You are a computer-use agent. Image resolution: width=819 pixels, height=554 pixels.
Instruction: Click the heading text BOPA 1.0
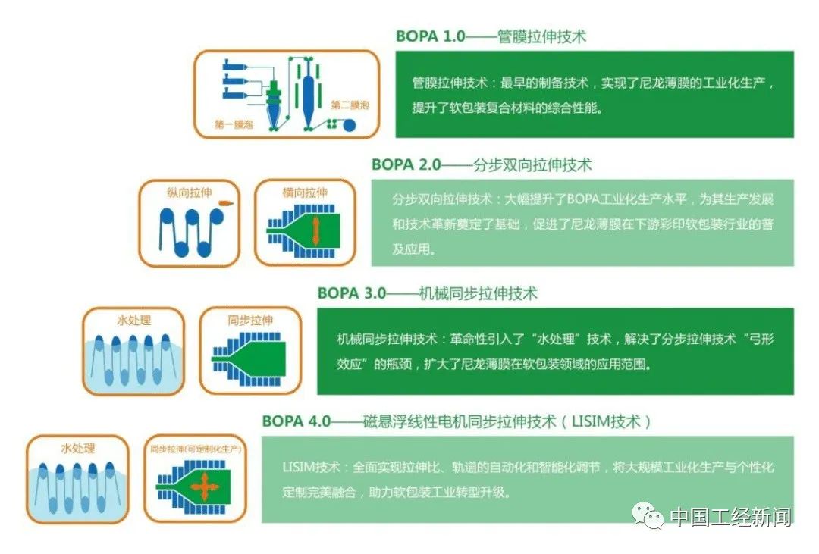[431, 36]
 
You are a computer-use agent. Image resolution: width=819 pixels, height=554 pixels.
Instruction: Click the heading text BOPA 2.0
[406, 165]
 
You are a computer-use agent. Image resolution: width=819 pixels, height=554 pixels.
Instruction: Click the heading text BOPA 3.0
[352, 293]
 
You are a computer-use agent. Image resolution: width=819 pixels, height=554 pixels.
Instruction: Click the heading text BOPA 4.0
[297, 421]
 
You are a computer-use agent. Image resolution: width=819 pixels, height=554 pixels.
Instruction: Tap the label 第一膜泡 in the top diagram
[234, 124]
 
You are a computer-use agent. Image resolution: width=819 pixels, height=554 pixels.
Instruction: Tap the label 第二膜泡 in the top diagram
[350, 105]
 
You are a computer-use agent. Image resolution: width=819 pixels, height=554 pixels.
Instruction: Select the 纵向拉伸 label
[190, 192]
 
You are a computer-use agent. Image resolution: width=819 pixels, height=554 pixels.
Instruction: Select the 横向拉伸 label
[305, 192]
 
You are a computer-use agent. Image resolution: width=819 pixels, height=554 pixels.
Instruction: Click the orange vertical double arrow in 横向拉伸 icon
[316, 231]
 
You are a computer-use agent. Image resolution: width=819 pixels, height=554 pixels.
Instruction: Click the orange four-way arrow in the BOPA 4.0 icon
[204, 487]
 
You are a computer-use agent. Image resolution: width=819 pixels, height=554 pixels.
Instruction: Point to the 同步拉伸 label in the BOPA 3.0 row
[250, 320]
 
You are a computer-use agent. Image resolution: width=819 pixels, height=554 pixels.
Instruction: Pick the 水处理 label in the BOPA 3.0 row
[133, 320]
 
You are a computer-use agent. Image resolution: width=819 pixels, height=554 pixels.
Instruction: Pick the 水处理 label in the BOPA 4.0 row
[78, 448]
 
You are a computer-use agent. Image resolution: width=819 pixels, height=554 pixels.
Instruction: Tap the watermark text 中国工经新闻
[731, 517]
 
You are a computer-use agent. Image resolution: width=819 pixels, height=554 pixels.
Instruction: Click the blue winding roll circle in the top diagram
[349, 125]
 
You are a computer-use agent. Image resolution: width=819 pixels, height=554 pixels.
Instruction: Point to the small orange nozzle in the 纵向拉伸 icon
[226, 203]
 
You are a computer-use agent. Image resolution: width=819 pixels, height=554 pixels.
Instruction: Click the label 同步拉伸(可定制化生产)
[196, 449]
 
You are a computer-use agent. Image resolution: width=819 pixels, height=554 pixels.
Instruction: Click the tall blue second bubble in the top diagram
[308, 95]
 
